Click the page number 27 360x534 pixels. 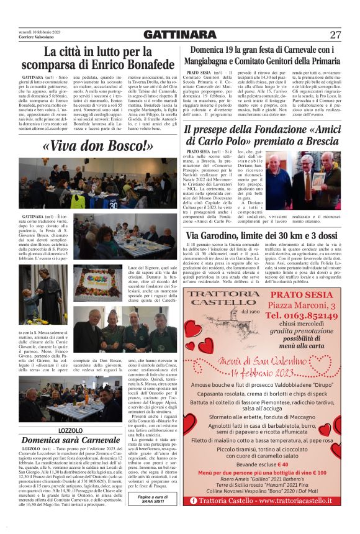(x=335, y=34)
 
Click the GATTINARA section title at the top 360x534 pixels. (x=179, y=34)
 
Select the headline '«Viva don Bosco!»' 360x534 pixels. (x=97, y=147)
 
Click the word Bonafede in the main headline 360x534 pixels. (x=142, y=64)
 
